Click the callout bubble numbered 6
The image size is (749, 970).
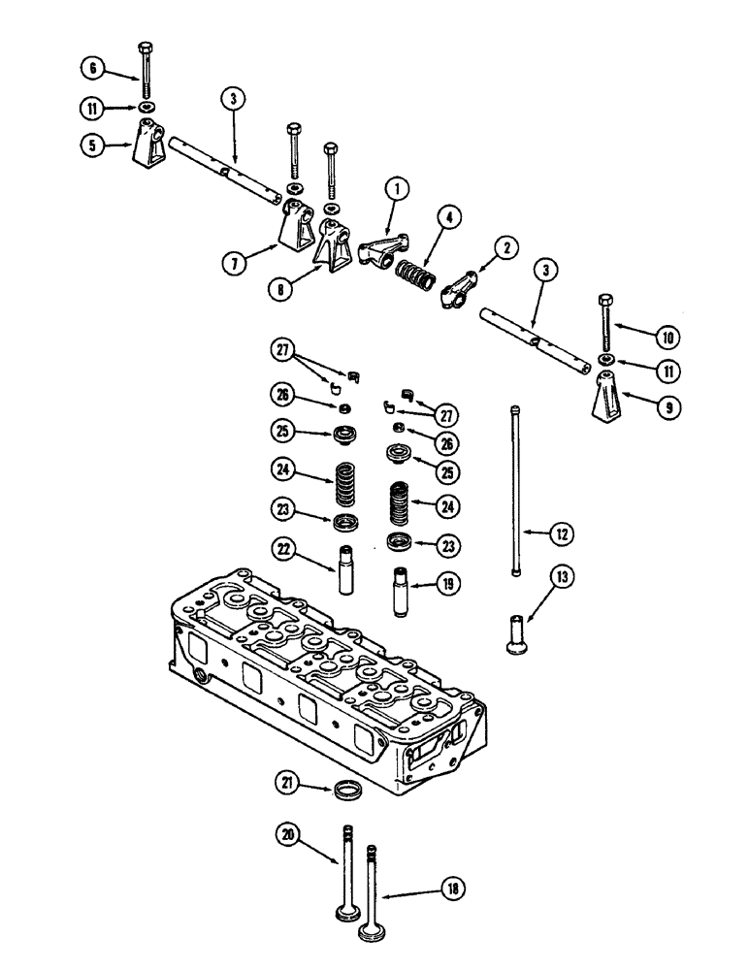click(x=92, y=67)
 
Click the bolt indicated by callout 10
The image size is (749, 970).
click(x=604, y=321)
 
